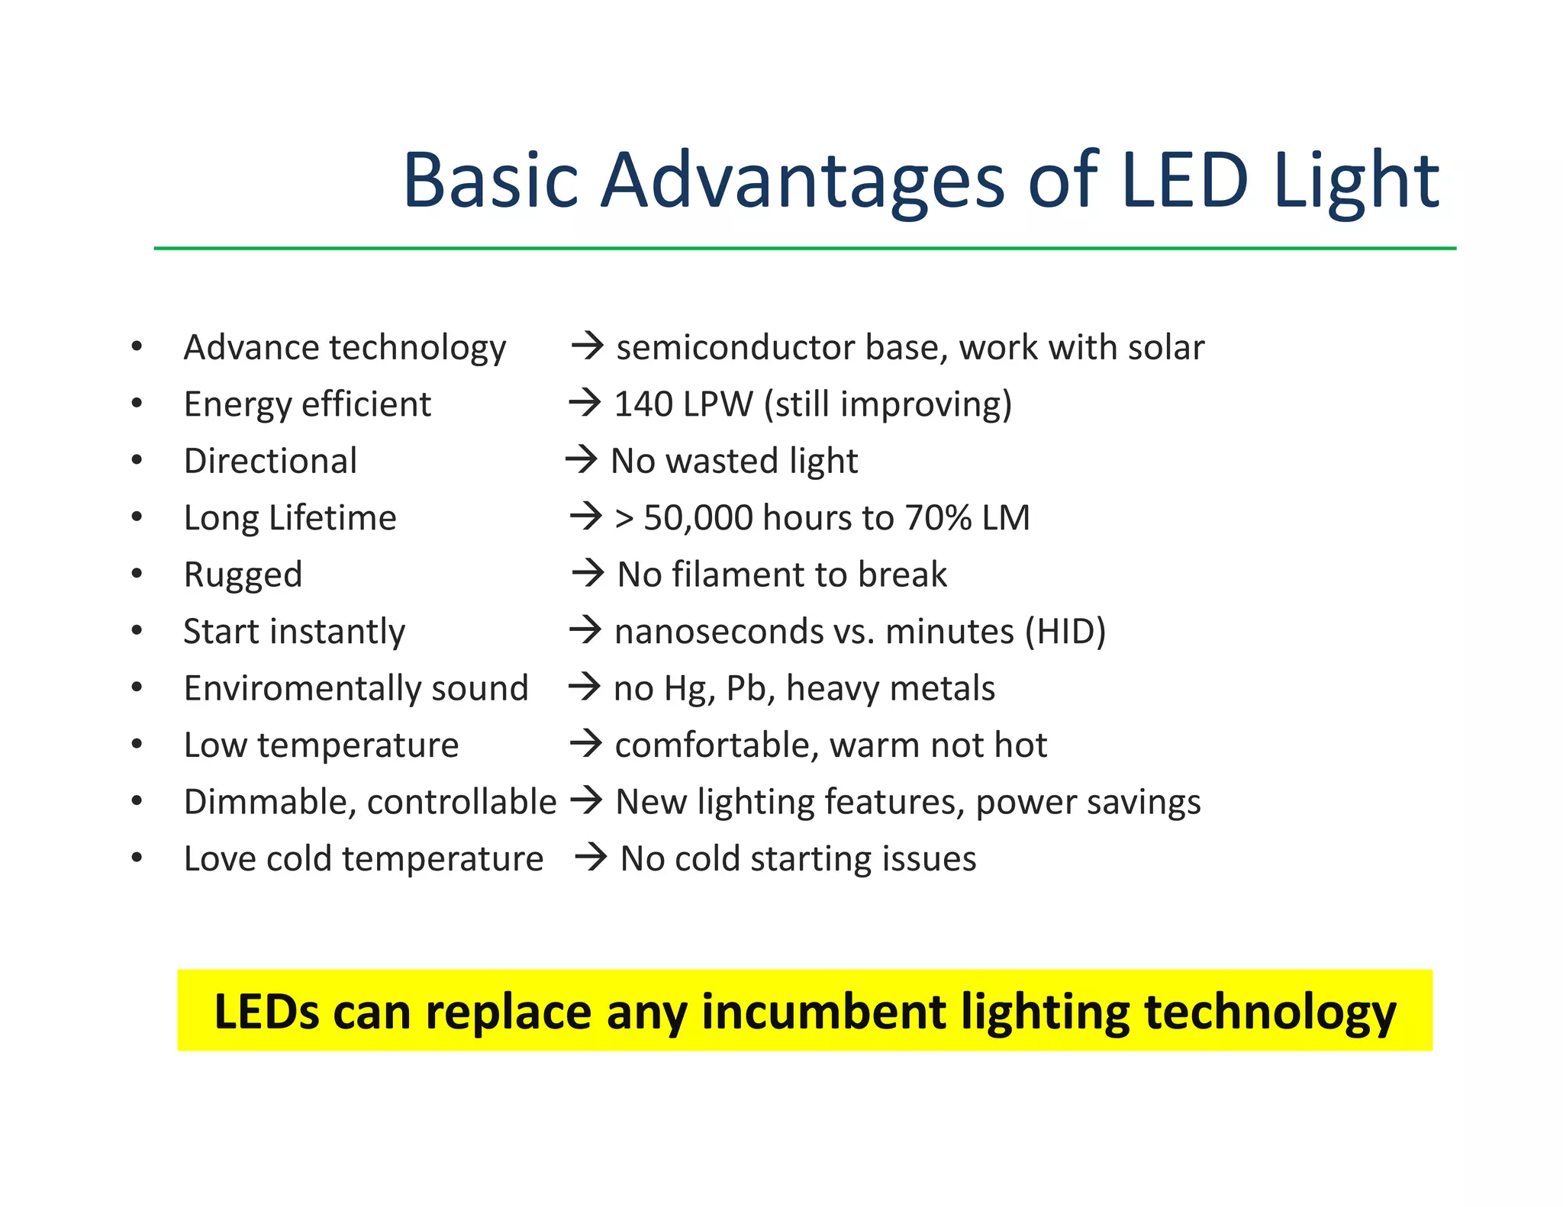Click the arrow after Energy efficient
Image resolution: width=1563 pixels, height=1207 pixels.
coord(585,403)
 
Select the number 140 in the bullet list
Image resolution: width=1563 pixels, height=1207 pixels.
coord(643,404)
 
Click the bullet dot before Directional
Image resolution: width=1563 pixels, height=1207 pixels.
coord(137,460)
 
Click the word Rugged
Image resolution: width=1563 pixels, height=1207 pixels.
coord(243,575)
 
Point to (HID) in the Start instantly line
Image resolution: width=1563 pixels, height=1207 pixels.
coord(1065,632)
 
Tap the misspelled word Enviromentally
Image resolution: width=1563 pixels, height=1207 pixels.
coord(302,689)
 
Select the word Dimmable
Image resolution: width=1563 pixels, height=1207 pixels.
coord(269,803)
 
